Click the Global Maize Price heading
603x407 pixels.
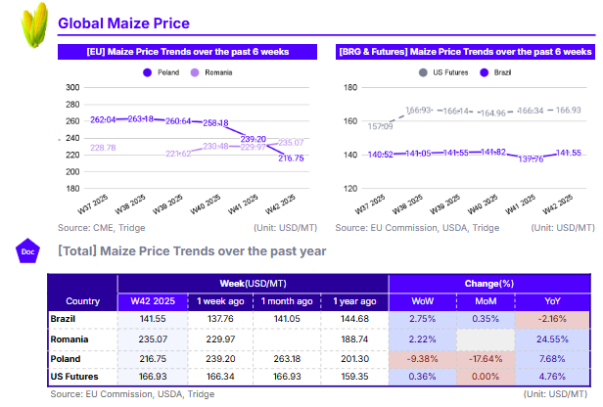point(123,23)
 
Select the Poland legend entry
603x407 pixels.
point(163,72)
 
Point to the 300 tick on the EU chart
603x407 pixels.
point(71,88)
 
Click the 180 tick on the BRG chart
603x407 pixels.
point(350,88)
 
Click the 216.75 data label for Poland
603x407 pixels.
point(291,158)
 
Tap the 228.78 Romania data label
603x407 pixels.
point(103,148)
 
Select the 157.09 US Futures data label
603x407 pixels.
point(381,127)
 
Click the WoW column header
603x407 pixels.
point(423,301)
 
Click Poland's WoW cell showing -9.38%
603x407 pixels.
point(423,357)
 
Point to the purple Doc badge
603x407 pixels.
point(28,251)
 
